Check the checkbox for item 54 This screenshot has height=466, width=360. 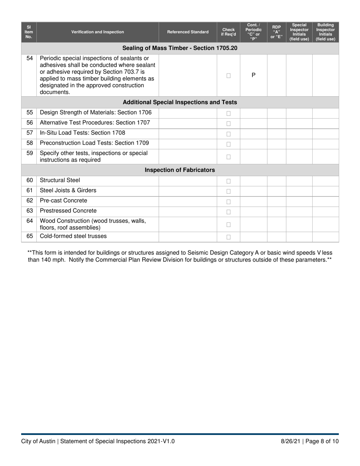tap(229, 75)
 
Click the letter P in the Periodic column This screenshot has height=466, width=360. tap(254, 75)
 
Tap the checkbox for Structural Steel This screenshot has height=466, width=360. tap(229, 181)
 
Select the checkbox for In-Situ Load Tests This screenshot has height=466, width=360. tap(229, 134)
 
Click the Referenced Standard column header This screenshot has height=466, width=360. tap(188, 32)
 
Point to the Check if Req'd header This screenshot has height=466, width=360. tap(229, 32)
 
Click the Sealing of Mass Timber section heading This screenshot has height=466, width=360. tap(180, 48)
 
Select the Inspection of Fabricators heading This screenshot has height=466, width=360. tap(180, 170)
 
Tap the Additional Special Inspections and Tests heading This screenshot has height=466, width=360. tap(180, 102)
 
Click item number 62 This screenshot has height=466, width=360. tap(30, 201)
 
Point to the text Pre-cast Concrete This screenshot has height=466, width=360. tap(63, 201)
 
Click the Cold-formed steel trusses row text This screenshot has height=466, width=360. tap(73, 236)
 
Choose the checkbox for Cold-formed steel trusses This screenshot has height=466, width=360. tap(229, 237)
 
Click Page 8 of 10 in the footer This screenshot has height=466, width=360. tap(322, 441)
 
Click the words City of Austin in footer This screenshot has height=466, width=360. tap(38, 441)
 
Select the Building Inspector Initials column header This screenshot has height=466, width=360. tap(326, 32)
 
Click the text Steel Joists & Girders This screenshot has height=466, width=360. tap(68, 191)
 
